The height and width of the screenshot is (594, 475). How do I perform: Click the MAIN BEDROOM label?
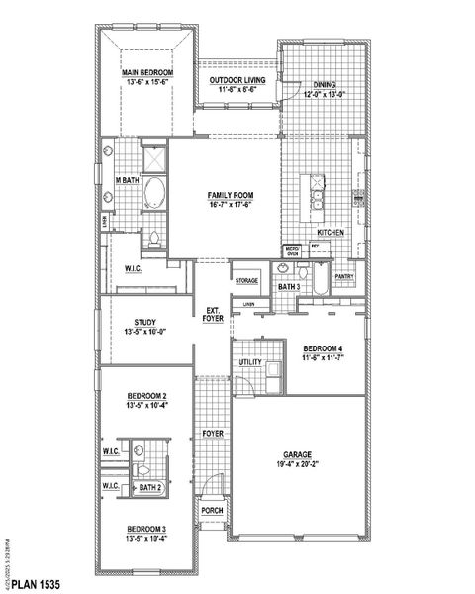[147, 72]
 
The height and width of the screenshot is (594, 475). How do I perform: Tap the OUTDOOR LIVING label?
[235, 80]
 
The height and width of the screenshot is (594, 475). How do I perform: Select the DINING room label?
[326, 84]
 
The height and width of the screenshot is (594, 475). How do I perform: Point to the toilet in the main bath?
[155, 238]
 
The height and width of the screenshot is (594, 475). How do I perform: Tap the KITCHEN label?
[331, 231]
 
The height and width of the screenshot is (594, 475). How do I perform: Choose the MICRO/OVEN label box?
[293, 251]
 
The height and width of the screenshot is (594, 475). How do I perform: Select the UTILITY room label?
[249, 363]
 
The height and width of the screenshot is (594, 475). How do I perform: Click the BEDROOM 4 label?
[323, 348]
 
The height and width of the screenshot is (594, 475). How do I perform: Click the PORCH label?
[212, 511]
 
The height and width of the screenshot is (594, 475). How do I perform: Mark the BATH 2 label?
[148, 488]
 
